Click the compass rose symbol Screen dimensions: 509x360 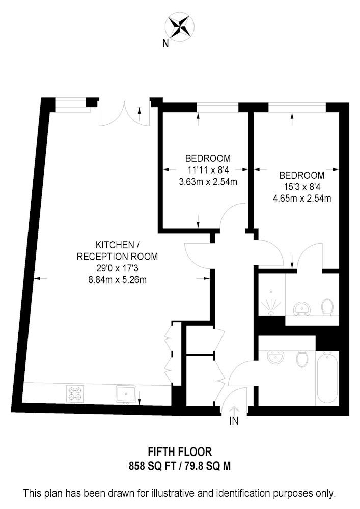point(180,26)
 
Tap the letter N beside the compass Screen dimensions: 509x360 point(165,43)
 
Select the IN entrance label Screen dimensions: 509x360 point(234,421)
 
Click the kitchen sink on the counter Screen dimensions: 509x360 point(126,393)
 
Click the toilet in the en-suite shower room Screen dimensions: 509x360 point(327,306)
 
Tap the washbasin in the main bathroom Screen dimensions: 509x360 point(275,358)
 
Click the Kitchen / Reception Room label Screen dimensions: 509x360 point(117,250)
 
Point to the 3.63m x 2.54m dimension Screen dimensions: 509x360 point(207,181)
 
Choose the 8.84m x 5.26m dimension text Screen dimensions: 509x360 point(117,279)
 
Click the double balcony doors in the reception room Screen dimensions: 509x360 point(125,112)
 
